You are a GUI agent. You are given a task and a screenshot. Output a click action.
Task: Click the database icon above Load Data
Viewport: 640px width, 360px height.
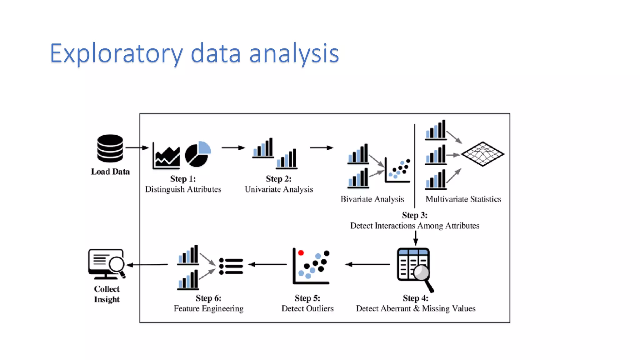(x=110, y=148)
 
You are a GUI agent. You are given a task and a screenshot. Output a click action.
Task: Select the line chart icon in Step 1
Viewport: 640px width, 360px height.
(x=167, y=156)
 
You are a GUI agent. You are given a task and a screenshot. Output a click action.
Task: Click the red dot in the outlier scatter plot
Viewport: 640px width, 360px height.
(x=301, y=253)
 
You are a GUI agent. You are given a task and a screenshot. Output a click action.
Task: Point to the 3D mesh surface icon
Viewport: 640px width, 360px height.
(x=482, y=154)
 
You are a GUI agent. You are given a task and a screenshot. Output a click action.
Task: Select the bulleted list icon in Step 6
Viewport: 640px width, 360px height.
(x=231, y=266)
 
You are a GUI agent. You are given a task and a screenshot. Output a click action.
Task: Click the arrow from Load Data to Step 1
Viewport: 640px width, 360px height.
(x=137, y=147)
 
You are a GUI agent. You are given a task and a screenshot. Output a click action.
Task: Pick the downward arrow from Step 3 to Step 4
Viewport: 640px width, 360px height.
(x=415, y=238)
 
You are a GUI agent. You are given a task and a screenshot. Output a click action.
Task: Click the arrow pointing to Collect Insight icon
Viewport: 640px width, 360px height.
(x=147, y=265)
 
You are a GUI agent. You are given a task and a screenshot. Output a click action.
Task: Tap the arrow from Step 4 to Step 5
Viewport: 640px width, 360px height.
(x=367, y=264)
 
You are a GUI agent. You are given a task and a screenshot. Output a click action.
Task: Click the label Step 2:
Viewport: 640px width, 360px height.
(x=278, y=179)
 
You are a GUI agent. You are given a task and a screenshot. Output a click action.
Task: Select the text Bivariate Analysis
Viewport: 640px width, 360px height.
(x=372, y=199)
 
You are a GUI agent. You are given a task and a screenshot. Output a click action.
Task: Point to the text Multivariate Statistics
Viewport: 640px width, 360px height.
(x=463, y=199)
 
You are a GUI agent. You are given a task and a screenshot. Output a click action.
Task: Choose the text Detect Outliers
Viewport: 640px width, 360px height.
(x=307, y=308)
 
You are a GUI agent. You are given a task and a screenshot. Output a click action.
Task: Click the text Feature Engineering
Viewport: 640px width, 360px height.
(x=208, y=308)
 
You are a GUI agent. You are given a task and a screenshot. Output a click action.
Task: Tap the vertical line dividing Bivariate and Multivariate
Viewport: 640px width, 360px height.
(x=415, y=166)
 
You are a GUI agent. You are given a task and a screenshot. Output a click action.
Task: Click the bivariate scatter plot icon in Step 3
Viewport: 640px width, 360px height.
(x=397, y=171)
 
